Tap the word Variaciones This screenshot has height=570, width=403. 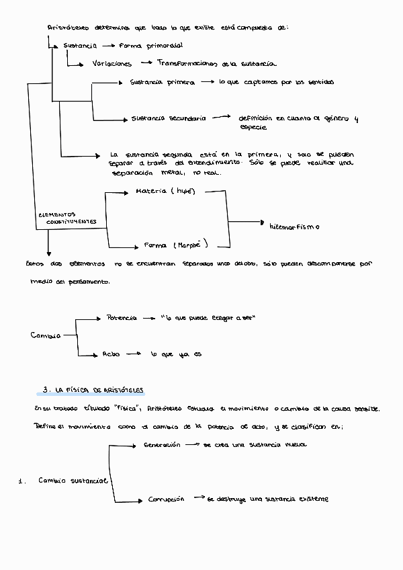click(112, 63)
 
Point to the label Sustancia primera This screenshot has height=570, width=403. click(162, 82)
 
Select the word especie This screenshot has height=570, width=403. click(253, 127)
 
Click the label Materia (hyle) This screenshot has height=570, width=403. click(165, 192)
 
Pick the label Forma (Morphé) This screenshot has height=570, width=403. click(176, 245)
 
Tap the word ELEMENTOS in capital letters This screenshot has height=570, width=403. click(57, 214)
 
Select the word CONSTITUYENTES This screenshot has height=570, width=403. click(71, 221)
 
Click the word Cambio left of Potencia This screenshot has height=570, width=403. click(46, 335)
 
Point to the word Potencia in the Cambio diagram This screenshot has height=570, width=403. click(122, 317)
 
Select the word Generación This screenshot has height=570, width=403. click(162, 444)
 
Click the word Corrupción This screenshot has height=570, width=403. click(166, 499)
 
